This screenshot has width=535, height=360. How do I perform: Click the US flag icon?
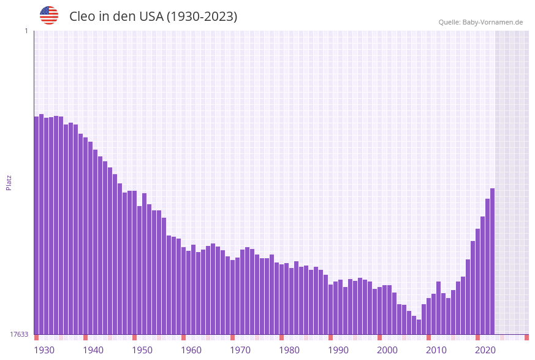point(49,15)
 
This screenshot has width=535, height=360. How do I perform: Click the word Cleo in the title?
point(83,17)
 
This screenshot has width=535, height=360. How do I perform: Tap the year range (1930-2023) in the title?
point(202,17)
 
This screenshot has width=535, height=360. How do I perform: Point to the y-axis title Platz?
point(9,182)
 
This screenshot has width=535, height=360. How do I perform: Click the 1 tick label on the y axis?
point(26,31)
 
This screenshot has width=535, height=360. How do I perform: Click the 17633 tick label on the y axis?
point(19,334)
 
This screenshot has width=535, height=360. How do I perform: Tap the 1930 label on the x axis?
point(44,350)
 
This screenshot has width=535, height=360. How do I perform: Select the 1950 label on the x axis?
point(142,350)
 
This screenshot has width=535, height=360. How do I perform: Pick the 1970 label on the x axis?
point(240,350)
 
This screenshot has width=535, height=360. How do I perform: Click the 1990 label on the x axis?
point(338,350)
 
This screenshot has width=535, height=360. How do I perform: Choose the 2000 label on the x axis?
point(387,350)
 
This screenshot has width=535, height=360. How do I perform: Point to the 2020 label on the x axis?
point(485,350)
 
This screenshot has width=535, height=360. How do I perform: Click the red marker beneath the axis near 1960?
point(183,337)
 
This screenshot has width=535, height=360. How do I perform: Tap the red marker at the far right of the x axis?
point(526,337)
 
